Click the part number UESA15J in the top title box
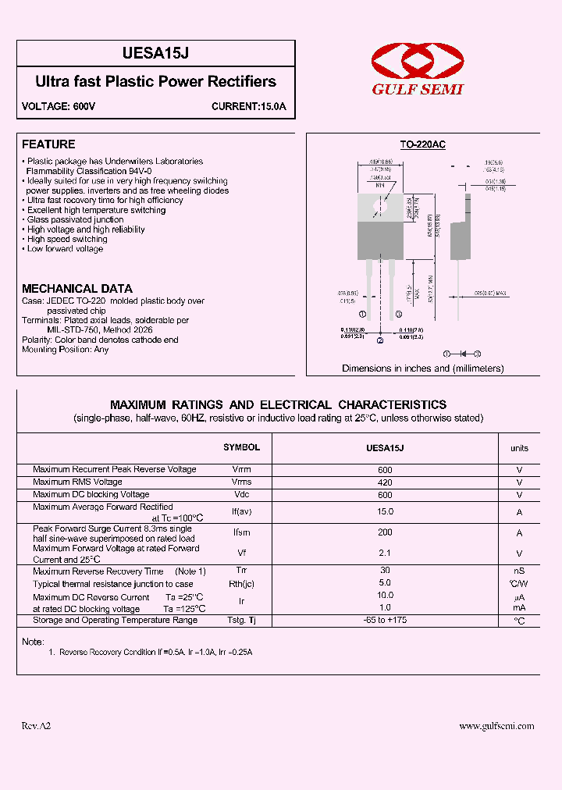156,53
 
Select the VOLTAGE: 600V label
59,106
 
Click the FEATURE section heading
48,144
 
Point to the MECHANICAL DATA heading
76,288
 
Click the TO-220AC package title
422,144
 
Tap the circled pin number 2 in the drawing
380,340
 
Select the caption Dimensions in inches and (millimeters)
422,368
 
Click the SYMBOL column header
241,447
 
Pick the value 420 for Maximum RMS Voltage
385,482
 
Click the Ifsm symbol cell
241,532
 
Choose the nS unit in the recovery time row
518,571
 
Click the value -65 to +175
385,620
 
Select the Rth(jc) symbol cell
241,584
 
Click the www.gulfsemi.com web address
496,726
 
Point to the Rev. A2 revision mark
36,726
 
